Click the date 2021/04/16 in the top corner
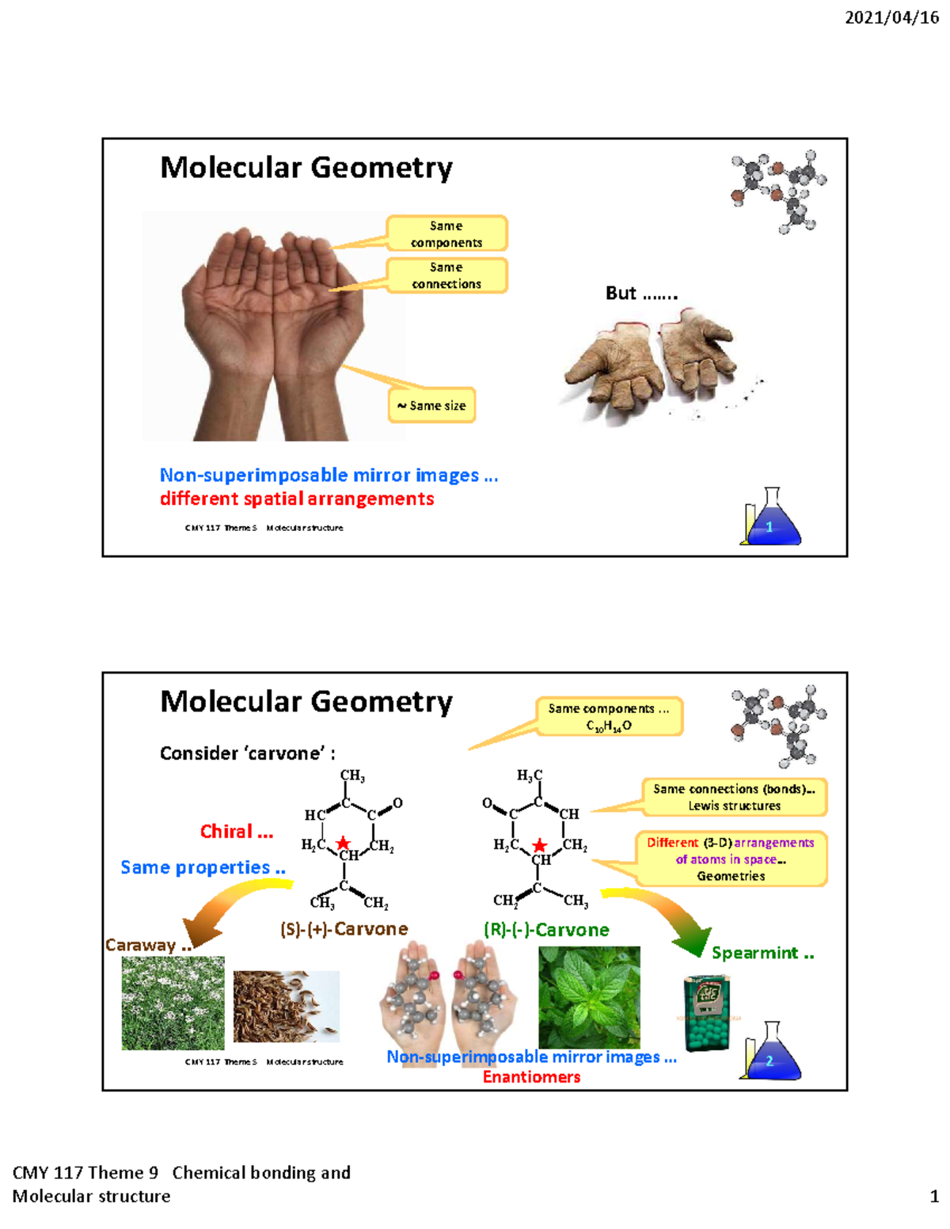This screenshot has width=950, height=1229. point(891,17)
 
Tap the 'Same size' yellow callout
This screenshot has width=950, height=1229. point(431,405)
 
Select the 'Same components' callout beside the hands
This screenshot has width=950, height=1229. point(446,234)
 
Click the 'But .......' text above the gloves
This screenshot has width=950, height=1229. point(641,294)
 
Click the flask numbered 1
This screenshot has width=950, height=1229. point(770,519)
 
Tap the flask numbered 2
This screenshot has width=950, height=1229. point(770,1053)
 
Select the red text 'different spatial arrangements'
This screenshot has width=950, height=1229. point(297,499)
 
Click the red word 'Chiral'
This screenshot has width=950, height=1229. point(236,832)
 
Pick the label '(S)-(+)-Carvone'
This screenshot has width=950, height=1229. point(344,929)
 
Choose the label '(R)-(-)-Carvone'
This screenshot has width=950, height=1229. point(546,930)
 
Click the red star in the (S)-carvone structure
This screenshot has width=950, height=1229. point(343,844)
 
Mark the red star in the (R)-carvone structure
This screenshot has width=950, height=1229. point(539,846)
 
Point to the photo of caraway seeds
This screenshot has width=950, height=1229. point(286,1006)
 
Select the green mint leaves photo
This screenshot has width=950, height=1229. point(589,997)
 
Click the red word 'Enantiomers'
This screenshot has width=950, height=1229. point(531,1077)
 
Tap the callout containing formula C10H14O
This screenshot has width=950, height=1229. point(609,717)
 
